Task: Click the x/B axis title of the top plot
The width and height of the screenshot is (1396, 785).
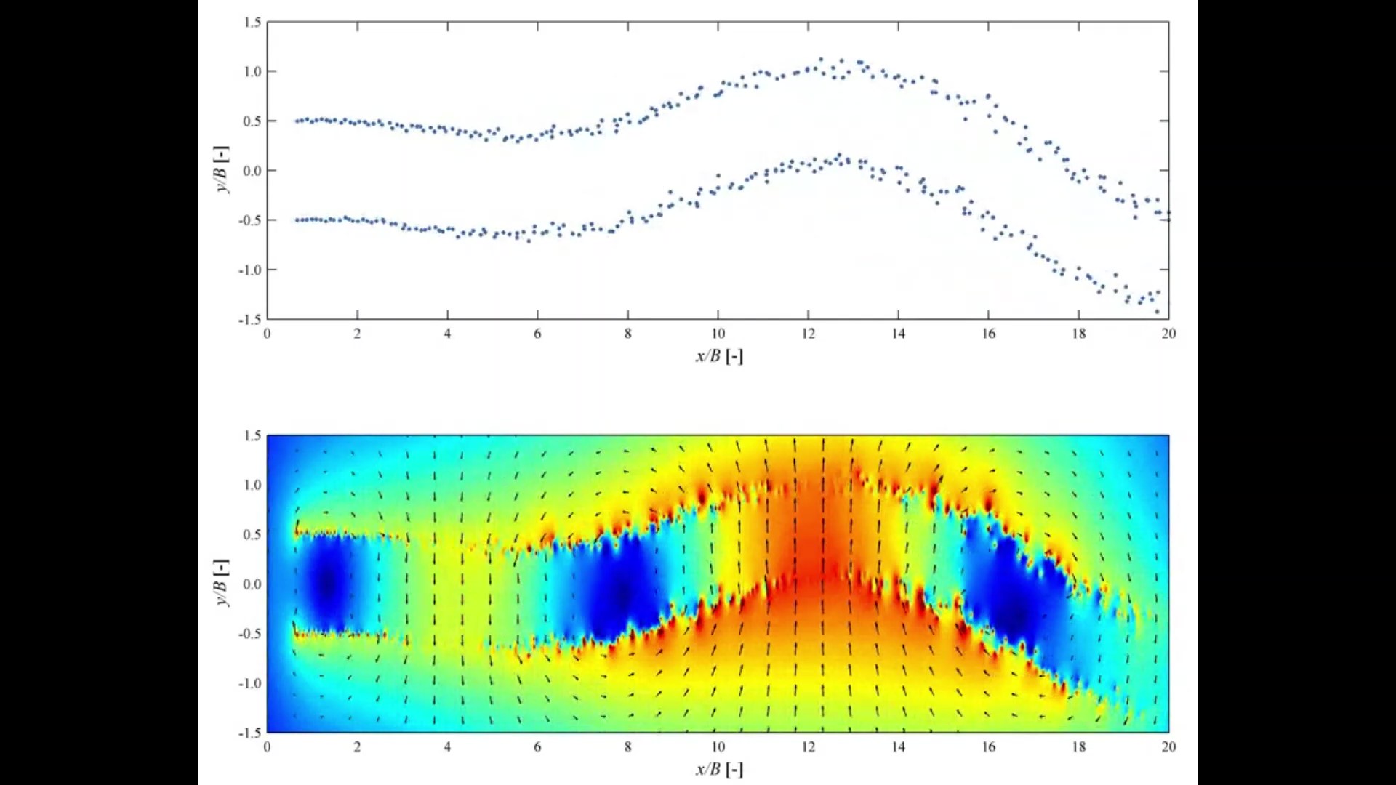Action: [718, 355]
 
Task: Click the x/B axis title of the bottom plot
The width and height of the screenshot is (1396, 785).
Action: [718, 769]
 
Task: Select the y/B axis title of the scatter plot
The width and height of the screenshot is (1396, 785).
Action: [222, 170]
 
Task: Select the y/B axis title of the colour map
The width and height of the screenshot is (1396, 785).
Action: [222, 584]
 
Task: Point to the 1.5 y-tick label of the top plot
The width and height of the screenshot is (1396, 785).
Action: [252, 23]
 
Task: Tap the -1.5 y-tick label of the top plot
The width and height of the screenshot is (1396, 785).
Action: [249, 319]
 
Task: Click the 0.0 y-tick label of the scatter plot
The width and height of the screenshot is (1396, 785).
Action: [252, 171]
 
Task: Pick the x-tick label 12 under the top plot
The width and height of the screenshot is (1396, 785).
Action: [808, 334]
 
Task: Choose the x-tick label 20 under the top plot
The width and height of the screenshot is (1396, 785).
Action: [1168, 334]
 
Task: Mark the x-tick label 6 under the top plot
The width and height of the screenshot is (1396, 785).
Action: [537, 334]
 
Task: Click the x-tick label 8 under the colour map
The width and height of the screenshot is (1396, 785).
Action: [627, 747]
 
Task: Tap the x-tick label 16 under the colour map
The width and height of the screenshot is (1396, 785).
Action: [988, 747]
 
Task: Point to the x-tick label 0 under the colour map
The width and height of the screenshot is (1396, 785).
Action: [267, 747]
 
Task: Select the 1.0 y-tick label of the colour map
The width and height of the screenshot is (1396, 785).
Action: [252, 485]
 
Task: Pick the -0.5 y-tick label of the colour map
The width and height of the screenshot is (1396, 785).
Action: [249, 634]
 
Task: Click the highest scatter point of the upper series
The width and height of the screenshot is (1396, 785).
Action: [821, 60]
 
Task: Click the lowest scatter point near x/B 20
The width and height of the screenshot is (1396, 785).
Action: [1157, 311]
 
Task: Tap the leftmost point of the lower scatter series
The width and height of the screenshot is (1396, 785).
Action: [297, 220]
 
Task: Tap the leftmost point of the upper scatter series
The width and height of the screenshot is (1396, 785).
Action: [297, 121]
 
